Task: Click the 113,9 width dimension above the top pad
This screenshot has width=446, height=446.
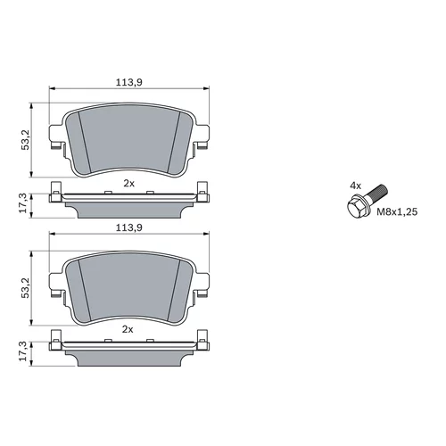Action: [x=129, y=82]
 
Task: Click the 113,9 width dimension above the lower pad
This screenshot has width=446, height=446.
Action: [x=129, y=227]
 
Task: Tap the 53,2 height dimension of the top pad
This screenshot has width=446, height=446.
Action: [x=26, y=140]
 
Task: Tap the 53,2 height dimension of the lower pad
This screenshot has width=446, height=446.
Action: [x=26, y=287]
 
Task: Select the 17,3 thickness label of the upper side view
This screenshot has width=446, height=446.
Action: [x=23, y=202]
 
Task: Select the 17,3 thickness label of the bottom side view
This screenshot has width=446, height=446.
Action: [x=23, y=351]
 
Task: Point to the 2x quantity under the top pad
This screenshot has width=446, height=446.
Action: [x=129, y=184]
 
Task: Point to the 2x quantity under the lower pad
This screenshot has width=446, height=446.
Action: [x=128, y=329]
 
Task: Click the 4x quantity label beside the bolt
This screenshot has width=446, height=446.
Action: [x=355, y=186]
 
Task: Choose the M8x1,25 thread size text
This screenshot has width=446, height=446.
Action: [x=397, y=212]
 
